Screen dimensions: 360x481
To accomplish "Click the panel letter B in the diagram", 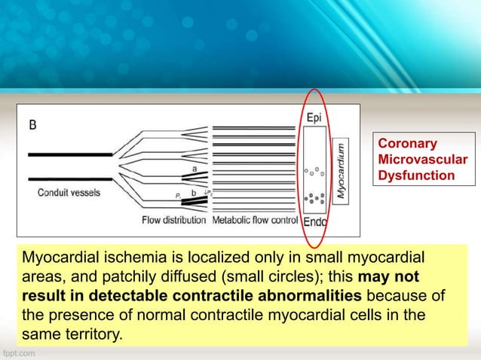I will (x=33, y=125).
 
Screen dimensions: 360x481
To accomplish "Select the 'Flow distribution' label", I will (x=174, y=221).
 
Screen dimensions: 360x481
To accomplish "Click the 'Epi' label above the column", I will (x=314, y=118).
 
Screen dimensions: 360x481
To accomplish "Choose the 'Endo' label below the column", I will (x=315, y=221).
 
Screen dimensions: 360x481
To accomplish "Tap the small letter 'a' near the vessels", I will (x=195, y=169).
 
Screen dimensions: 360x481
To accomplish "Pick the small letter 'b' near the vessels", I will (x=194, y=194).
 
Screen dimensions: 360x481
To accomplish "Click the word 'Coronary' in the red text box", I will (x=402, y=142).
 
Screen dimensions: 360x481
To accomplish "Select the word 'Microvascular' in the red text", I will (x=421, y=159).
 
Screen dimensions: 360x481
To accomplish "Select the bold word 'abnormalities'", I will (x=314, y=294).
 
